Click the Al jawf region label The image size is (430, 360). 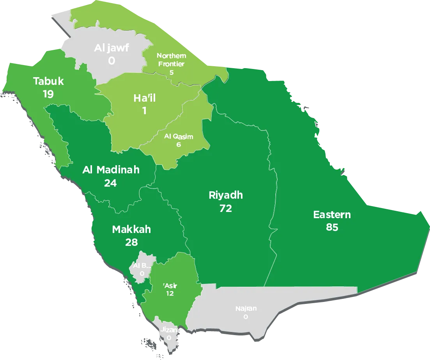tap(111, 48)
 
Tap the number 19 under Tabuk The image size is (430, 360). tap(48, 94)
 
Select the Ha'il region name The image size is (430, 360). tap(144, 98)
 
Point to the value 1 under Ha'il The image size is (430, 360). tap(144, 111)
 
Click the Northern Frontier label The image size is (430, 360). tap(171, 60)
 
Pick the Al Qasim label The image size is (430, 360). tap(179, 136)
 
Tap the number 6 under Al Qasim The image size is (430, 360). tap(179, 145)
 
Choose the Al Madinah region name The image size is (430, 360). tap(111, 170)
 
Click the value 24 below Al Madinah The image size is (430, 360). tap(110, 183)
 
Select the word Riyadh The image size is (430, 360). tap(226, 195)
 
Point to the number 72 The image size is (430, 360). tap(225, 208)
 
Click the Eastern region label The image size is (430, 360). tap(332, 214)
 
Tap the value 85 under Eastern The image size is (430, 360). tap(332, 227)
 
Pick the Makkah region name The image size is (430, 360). tap(131, 229)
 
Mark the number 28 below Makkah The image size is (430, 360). tap(131, 242)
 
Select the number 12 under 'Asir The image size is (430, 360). tap(170, 294)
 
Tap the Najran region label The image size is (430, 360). tap(246, 309)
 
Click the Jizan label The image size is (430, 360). tap(169, 330)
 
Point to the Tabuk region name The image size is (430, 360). tap(48, 81)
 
